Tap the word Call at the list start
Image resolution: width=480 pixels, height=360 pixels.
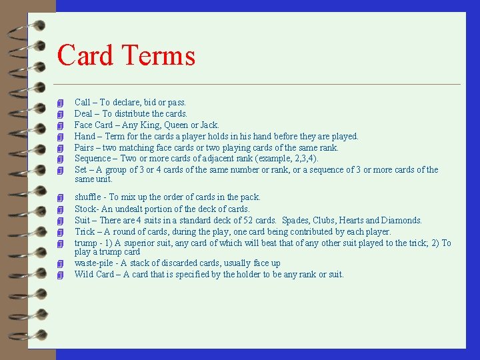[x=83, y=102]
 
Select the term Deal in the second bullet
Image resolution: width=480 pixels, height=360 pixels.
[x=83, y=113]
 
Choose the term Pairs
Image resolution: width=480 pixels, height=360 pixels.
[x=84, y=147]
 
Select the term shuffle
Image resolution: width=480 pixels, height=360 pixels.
[x=87, y=197]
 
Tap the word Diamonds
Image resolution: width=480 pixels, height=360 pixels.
[x=402, y=220]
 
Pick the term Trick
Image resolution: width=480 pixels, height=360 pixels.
[x=84, y=231]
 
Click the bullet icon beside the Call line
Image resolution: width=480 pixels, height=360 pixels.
[x=61, y=103]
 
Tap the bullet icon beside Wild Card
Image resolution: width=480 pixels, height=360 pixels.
[x=61, y=275]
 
